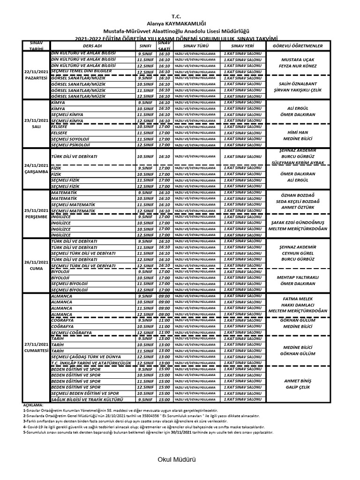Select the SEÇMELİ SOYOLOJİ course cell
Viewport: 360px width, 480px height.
point(70,139)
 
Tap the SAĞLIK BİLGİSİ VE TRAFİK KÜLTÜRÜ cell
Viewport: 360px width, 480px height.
point(87,399)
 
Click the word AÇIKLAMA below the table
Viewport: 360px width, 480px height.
point(33,404)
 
